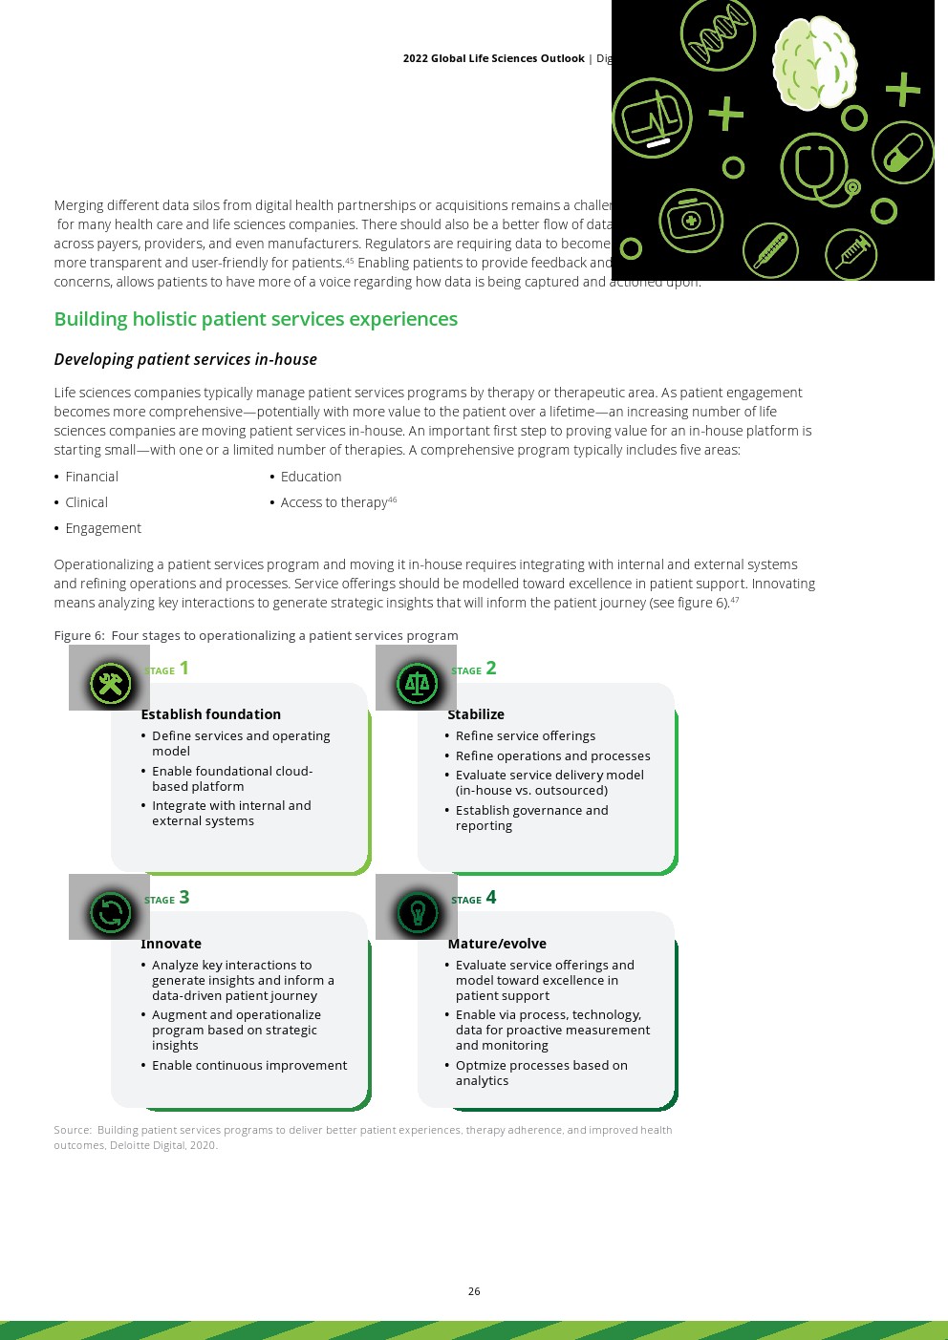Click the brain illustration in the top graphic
point(814,64)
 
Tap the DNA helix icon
point(718,34)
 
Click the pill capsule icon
point(902,153)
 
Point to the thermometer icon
point(770,251)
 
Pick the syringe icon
point(851,254)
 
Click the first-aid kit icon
point(690,221)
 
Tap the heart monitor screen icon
point(652,118)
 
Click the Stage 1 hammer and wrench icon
point(110,684)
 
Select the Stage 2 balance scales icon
point(417,684)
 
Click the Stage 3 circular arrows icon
point(110,913)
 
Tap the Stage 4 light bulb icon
point(417,913)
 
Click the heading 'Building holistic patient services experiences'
point(255,319)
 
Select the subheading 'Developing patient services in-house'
point(185,359)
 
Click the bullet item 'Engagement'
point(103,528)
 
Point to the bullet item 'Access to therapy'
point(334,502)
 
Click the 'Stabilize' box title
point(476,714)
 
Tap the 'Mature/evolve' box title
point(497,944)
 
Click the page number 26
point(474,1291)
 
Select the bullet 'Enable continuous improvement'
point(248,1065)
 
